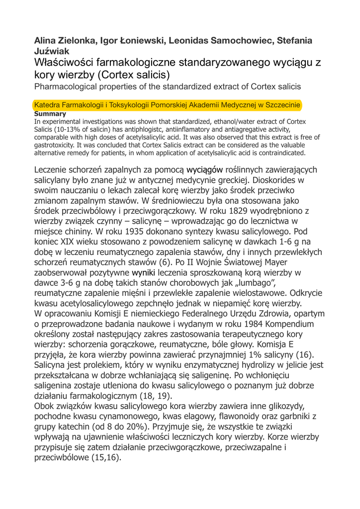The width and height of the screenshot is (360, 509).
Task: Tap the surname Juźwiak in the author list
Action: coord(52,51)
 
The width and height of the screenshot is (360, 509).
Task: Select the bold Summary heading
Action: coord(50,114)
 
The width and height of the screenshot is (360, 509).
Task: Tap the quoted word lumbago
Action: coord(256,283)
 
